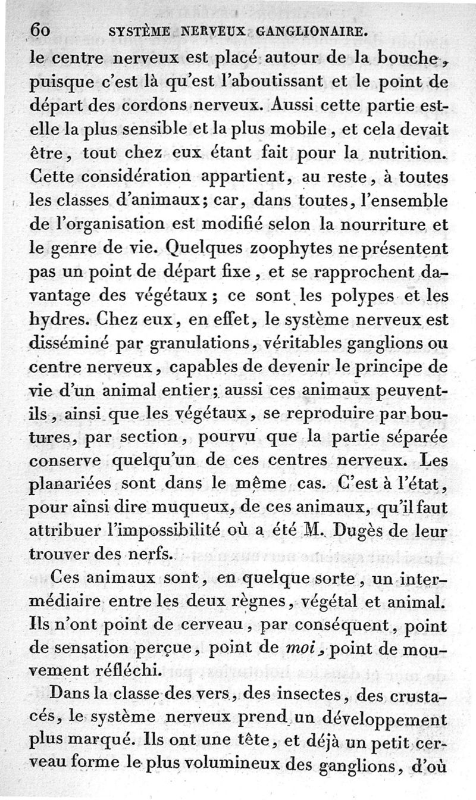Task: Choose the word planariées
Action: coord(68,485)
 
